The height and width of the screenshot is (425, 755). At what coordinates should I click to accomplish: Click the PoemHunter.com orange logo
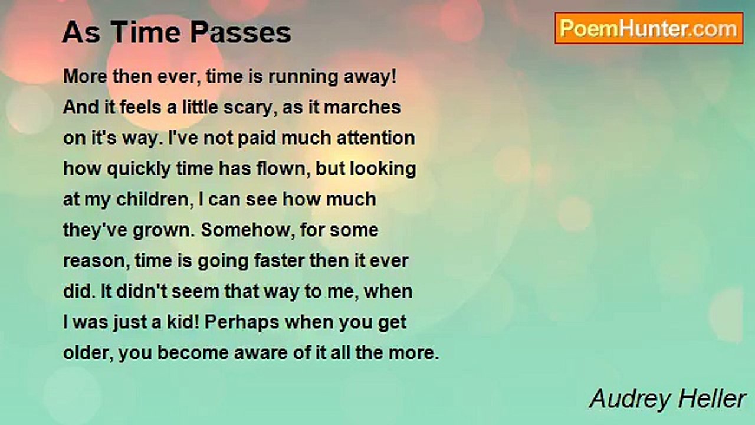(x=649, y=28)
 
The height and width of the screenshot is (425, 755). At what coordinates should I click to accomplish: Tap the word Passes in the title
(x=240, y=32)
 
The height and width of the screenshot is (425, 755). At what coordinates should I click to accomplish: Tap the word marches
(x=362, y=107)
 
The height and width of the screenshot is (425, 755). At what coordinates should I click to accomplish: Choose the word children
(x=155, y=200)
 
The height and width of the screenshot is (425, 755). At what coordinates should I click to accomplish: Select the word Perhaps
(x=242, y=323)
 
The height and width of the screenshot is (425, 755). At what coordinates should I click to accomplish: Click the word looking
(x=383, y=169)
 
